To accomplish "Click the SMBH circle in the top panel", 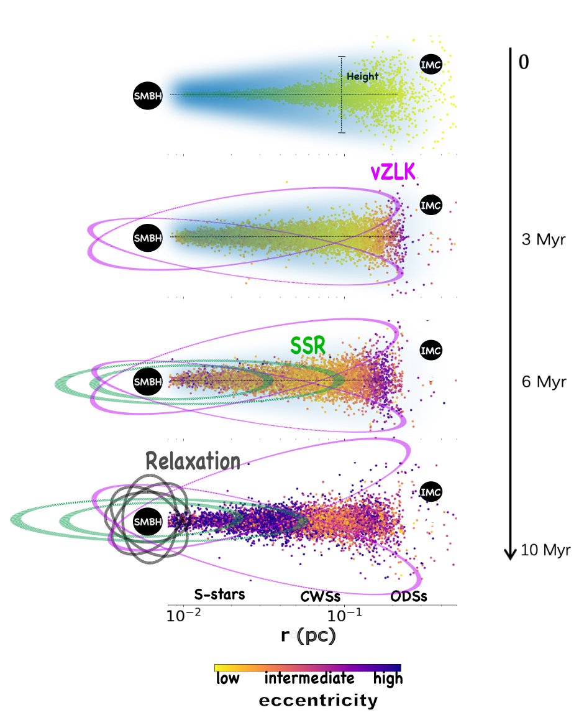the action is [x=148, y=96].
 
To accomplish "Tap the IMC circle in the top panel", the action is [x=431, y=65].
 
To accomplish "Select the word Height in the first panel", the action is [x=362, y=76].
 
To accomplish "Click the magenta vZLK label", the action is [x=393, y=172].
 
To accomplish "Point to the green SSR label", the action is [x=308, y=346].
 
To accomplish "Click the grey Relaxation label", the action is [x=193, y=461].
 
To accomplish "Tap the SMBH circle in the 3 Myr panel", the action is [x=148, y=238].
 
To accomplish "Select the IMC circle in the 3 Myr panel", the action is [x=431, y=205].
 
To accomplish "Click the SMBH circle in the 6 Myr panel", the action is [x=148, y=381].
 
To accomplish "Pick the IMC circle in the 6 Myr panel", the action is [x=431, y=350].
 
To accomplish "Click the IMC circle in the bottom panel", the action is [x=431, y=492].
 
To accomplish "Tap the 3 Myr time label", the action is [x=544, y=239].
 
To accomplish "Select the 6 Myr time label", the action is [x=544, y=382].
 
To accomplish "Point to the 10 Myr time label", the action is [x=545, y=550].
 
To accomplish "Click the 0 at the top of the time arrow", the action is [x=524, y=62].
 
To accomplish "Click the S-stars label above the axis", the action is [x=219, y=594].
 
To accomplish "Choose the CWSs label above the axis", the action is [x=320, y=596].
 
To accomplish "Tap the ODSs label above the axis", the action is [x=409, y=596].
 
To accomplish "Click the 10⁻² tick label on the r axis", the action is [x=183, y=614].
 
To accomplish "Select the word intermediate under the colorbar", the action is [x=309, y=678].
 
